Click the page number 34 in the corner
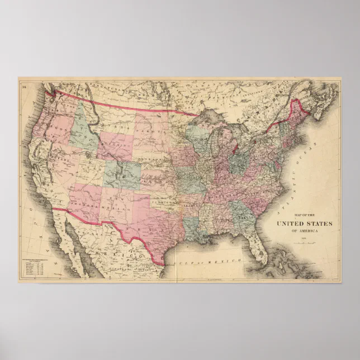[23, 86]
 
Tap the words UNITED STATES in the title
[304, 224]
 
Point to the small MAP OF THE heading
[304, 215]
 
